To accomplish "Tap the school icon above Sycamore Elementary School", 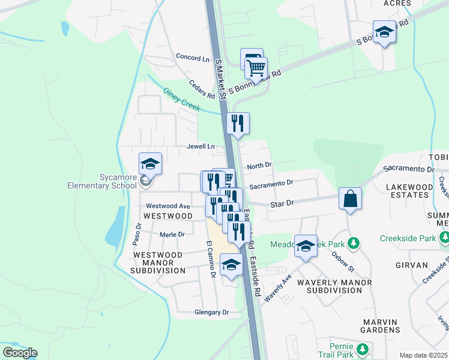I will (150, 163).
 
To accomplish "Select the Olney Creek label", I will (181, 100).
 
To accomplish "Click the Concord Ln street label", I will (193, 58).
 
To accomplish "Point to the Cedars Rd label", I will (201, 90).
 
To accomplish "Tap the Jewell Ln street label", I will (200, 146).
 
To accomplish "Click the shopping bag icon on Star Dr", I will (350, 199).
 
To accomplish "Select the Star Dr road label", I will (282, 204).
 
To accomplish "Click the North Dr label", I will (259, 165).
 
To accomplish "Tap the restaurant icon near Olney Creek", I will (238, 124).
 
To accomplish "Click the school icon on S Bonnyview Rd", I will (384, 32).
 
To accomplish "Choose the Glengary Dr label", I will (211, 313).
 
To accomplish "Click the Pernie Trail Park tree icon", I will (362, 349).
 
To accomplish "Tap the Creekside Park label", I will (408, 238).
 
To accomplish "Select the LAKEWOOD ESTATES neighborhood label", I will (410, 191).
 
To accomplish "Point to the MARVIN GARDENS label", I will (389, 326).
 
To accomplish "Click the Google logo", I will (20, 353).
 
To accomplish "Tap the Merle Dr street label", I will (172, 234).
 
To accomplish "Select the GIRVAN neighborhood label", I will (411, 265).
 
